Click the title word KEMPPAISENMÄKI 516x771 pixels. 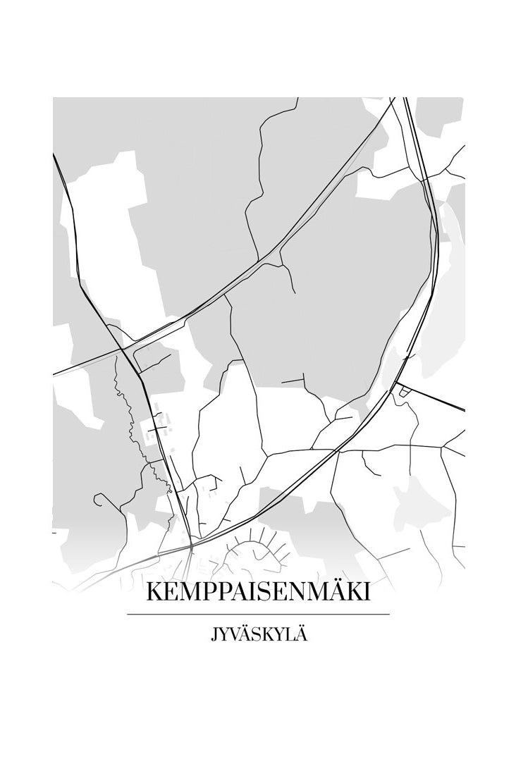click(x=258, y=593)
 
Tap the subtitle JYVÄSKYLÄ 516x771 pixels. click(x=258, y=635)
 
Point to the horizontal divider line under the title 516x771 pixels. click(x=258, y=615)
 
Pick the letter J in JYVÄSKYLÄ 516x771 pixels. click(x=214, y=636)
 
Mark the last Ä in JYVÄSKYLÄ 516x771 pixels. click(x=301, y=634)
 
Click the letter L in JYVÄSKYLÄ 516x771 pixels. click(x=289, y=635)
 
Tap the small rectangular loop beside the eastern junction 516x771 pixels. click(x=403, y=391)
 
